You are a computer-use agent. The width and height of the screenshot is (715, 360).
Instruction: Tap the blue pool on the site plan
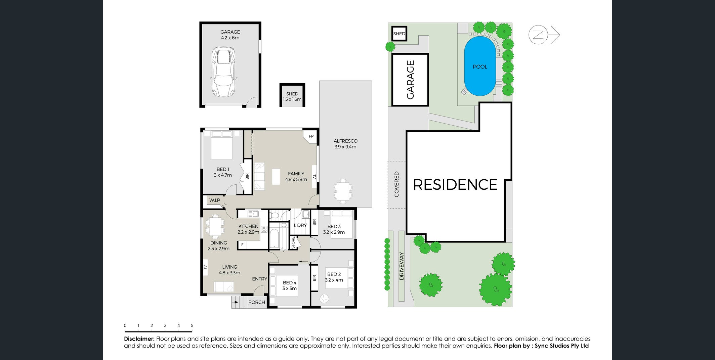(x=480, y=66)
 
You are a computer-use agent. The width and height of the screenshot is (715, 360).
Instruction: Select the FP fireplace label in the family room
(x=311, y=136)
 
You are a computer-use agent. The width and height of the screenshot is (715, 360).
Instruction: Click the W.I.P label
(x=215, y=200)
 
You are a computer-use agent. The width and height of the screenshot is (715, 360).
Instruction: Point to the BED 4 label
(x=290, y=283)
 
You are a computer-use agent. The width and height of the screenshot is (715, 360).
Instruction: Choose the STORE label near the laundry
(x=293, y=243)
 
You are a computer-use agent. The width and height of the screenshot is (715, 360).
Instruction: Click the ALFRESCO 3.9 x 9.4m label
(x=345, y=144)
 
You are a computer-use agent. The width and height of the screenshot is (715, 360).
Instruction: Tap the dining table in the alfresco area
(x=343, y=191)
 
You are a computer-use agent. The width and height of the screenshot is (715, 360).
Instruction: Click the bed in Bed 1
(x=222, y=145)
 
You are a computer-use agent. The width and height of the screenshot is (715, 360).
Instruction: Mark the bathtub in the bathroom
(x=274, y=238)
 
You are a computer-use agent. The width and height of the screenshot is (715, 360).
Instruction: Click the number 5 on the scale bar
(x=192, y=325)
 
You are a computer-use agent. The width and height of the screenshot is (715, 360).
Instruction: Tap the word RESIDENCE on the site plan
(x=455, y=185)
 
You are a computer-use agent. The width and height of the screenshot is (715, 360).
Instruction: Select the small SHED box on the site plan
(x=399, y=34)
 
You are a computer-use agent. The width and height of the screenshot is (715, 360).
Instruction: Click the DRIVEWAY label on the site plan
(x=402, y=266)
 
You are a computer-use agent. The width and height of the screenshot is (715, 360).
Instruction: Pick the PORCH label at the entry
(x=257, y=302)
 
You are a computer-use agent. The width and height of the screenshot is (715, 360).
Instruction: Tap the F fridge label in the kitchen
(x=242, y=245)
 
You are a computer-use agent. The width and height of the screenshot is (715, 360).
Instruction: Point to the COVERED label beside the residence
(x=396, y=184)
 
